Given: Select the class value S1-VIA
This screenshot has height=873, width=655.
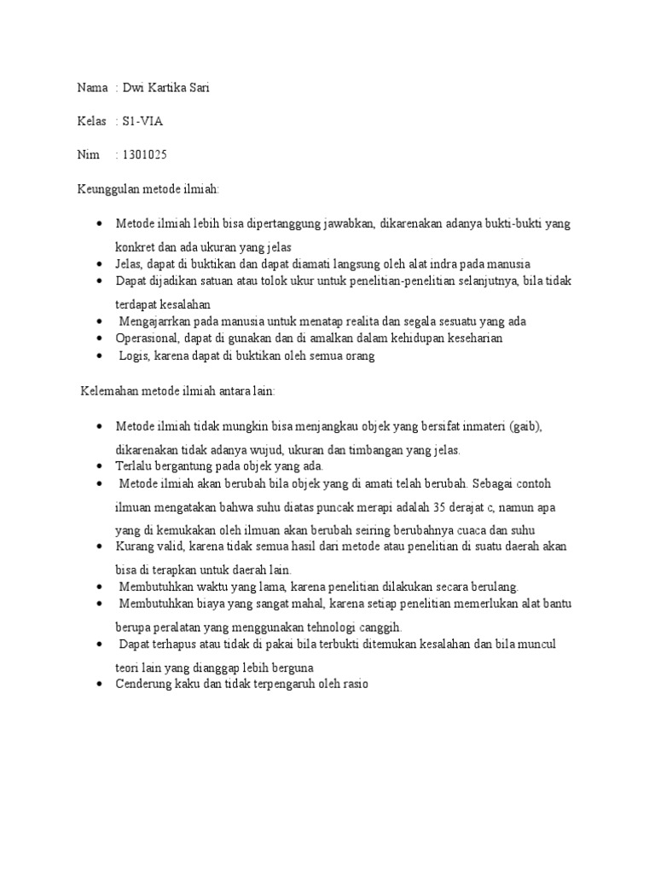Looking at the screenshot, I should click(x=143, y=121).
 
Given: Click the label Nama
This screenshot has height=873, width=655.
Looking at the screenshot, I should click(x=93, y=88).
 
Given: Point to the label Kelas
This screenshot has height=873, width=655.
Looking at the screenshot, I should click(x=92, y=121).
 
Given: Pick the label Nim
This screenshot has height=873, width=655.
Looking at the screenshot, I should click(x=89, y=154).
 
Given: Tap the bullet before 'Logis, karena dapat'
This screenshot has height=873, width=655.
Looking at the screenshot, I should click(x=101, y=356).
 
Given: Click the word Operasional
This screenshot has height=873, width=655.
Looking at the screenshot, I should click(x=148, y=338).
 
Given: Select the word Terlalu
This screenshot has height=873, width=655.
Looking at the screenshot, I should click(x=134, y=466).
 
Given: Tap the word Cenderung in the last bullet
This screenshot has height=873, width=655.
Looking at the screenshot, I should click(x=145, y=684).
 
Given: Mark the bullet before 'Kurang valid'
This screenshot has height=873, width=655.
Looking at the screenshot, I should click(x=101, y=546).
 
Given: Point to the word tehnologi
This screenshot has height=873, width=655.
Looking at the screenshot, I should click(x=313, y=627).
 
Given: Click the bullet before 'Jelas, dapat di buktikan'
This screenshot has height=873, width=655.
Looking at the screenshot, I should click(x=101, y=264).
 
